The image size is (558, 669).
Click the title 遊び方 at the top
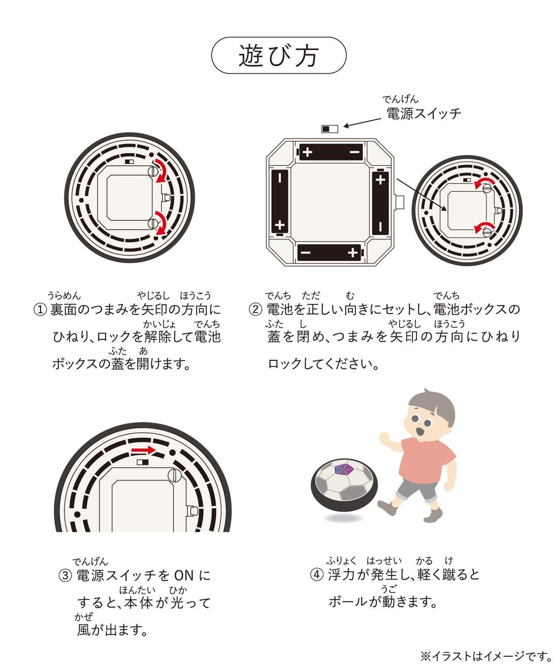point(278,56)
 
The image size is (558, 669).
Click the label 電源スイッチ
point(424,113)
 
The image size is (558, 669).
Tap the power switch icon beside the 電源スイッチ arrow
point(330,128)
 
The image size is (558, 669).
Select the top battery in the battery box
point(331,152)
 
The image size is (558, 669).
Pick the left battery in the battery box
point(280,202)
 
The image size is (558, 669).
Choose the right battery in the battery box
point(380,203)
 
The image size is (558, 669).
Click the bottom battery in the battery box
point(329,253)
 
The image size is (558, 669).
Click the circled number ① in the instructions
point(40,309)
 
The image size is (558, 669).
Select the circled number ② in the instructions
point(255,309)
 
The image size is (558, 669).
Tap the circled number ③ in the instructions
point(65,576)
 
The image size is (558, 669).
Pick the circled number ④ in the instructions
point(317,574)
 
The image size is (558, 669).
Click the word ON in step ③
point(184,576)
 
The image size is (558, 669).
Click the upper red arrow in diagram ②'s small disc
point(485,183)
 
